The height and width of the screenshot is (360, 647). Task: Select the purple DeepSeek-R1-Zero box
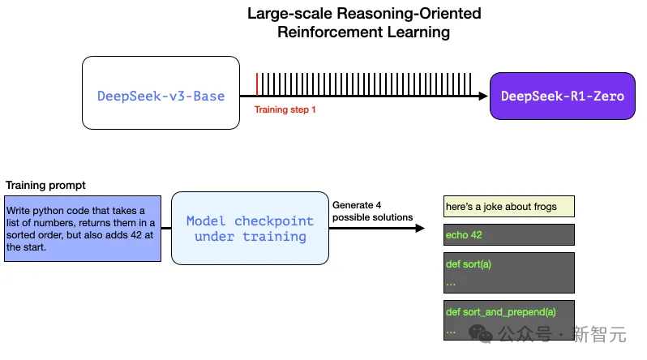click(562, 96)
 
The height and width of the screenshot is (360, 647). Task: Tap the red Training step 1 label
click(285, 109)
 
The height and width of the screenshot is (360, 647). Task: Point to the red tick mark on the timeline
click(257, 84)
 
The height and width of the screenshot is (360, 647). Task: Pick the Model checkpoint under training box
click(250, 229)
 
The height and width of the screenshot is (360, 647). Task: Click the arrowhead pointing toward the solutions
click(419, 229)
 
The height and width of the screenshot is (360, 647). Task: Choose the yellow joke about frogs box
click(509, 207)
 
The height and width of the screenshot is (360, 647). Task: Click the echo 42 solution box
click(509, 235)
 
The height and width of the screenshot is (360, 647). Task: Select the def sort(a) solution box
click(509, 272)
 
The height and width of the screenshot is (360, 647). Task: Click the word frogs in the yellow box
click(541, 207)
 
